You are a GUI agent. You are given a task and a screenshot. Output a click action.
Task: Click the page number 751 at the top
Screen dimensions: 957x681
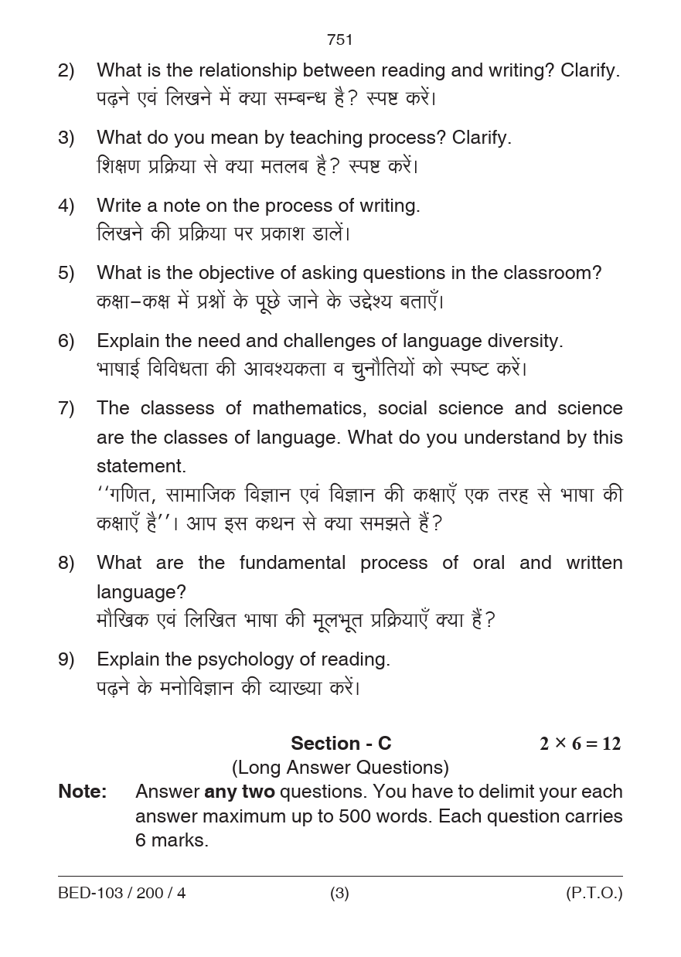340,39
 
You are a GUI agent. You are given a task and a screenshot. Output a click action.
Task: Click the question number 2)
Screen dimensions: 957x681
66,71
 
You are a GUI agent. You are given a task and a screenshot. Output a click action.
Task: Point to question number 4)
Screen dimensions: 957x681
66,206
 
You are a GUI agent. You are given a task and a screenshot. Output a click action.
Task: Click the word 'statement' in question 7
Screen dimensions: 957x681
141,466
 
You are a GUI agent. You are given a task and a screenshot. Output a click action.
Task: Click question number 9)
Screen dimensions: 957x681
66,659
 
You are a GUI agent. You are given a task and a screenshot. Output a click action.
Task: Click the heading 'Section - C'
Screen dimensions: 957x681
341,744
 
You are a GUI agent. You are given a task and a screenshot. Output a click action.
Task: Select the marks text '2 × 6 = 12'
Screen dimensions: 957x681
580,744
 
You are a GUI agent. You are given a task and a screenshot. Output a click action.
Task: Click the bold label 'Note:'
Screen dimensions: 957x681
83,792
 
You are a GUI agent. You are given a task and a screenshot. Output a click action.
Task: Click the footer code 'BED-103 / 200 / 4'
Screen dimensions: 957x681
122,894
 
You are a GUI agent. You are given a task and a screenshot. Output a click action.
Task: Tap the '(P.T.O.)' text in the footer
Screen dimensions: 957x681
594,894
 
